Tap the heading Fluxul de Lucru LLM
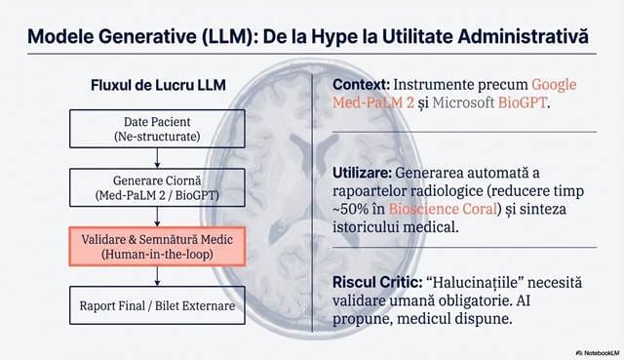click(x=158, y=85)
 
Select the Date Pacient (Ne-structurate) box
click(x=157, y=129)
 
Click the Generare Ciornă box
click(x=157, y=187)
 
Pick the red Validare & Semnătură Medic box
click(x=157, y=247)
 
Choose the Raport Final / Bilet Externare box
click(x=157, y=305)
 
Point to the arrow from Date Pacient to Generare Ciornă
click(x=157, y=158)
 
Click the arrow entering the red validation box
click(x=157, y=217)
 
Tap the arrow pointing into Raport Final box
click(x=157, y=276)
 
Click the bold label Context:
click(x=362, y=85)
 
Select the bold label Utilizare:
click(x=362, y=173)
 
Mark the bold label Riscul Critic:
click(x=377, y=282)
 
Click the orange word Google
click(x=554, y=85)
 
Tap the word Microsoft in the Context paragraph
click(x=463, y=102)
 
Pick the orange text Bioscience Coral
click(x=443, y=209)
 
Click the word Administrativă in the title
click(x=523, y=37)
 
